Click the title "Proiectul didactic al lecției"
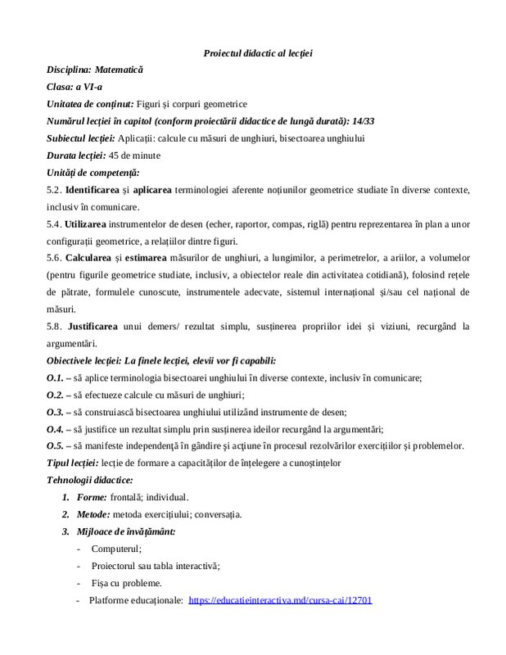coord(258,53)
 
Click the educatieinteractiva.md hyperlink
coord(280,600)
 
